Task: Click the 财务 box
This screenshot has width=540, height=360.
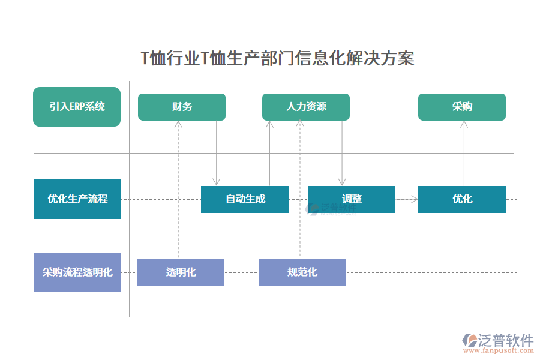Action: pyautogui.click(x=182, y=107)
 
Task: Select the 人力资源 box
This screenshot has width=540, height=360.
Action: pyautogui.click(x=306, y=107)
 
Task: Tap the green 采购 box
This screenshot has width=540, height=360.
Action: pyautogui.click(x=461, y=107)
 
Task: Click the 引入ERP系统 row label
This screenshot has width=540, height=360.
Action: pyautogui.click(x=77, y=107)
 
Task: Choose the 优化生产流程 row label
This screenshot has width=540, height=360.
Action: pyautogui.click(x=77, y=199)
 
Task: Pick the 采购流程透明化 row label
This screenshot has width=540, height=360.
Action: pyautogui.click(x=77, y=272)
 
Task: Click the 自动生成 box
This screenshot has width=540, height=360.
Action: pyautogui.click(x=245, y=199)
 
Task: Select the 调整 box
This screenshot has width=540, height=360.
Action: pyautogui.click(x=352, y=199)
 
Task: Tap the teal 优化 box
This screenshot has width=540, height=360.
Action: pyautogui.click(x=461, y=199)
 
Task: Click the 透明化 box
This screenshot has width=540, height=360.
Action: pyautogui.click(x=181, y=272)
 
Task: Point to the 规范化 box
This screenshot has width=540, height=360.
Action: pyautogui.click(x=302, y=272)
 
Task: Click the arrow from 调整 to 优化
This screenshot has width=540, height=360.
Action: pyautogui.click(x=407, y=199)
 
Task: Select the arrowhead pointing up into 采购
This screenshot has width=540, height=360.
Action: pyautogui.click(x=464, y=124)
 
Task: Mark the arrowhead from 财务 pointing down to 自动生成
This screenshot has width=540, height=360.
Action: pyautogui.click(x=217, y=182)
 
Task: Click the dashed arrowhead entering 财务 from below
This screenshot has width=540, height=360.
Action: pyautogui.click(x=178, y=124)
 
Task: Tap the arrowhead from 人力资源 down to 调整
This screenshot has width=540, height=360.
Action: pyautogui.click(x=342, y=182)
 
